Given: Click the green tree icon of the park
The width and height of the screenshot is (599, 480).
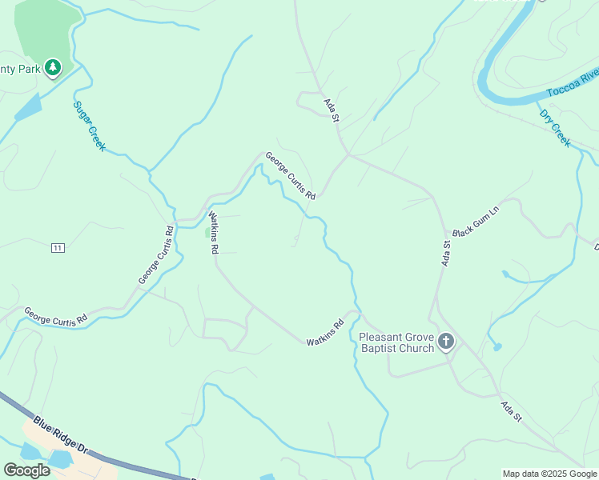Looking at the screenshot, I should pyautogui.click(x=53, y=68).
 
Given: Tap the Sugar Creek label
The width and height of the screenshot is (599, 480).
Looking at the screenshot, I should pyautogui.click(x=89, y=126).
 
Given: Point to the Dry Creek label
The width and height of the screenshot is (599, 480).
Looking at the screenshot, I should pyautogui.click(x=555, y=128).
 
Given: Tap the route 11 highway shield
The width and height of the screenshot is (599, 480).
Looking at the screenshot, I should pyautogui.click(x=57, y=248).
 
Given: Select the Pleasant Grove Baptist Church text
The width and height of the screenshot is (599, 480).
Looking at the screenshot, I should pyautogui.click(x=396, y=342).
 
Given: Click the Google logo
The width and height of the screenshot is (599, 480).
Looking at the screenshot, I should pyautogui.click(x=26, y=470).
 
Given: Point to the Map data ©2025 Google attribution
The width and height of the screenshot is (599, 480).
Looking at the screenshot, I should pyautogui.click(x=549, y=474).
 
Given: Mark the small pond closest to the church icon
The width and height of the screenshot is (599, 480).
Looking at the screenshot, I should pyautogui.click(x=497, y=346).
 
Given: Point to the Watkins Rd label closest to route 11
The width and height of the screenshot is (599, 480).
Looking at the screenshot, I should pyautogui.click(x=213, y=232).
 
